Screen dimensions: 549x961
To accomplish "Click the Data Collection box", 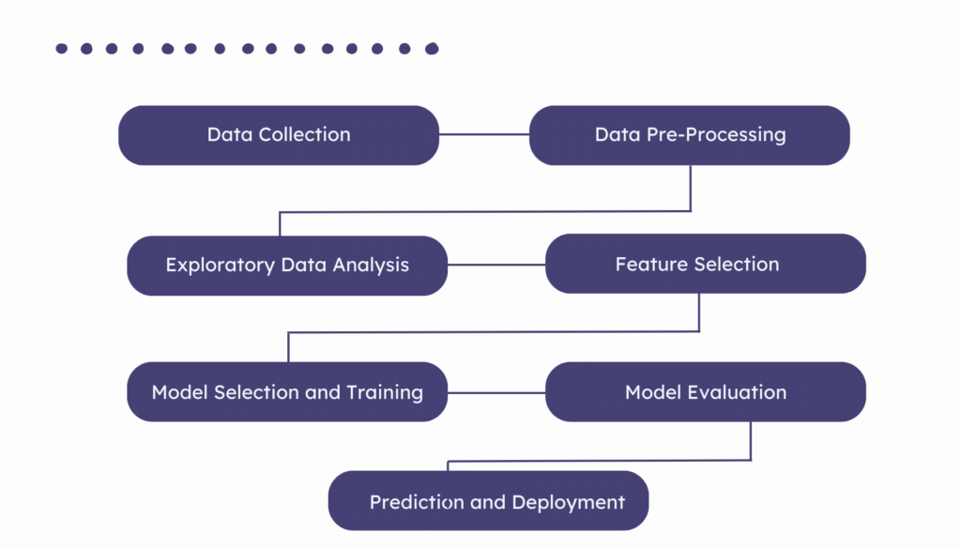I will coord(278,135).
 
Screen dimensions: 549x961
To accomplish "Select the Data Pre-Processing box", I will coord(690,135).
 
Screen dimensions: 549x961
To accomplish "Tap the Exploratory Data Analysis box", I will coord(287,266).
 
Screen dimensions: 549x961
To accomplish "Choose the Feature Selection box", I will coord(705,264).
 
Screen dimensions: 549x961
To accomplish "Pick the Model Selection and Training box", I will coord(287,392).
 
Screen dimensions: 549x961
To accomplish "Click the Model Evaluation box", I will coord(705,392).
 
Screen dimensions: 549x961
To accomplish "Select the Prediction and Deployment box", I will coord(488,501).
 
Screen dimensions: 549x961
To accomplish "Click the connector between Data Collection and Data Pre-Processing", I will coord(484,135).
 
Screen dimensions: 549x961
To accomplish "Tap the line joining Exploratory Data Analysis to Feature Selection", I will coord(496,265).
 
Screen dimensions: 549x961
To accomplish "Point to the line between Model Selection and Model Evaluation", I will coord(496,392).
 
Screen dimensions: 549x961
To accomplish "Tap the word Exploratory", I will coord(221,266).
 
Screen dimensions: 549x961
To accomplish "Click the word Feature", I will coord(648,265).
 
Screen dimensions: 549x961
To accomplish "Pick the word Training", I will coord(385,392).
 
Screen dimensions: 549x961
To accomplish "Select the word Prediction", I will coord(417,503).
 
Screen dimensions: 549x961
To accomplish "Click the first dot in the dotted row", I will coord(62,49).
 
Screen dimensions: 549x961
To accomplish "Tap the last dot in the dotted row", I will coord(432,49).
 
